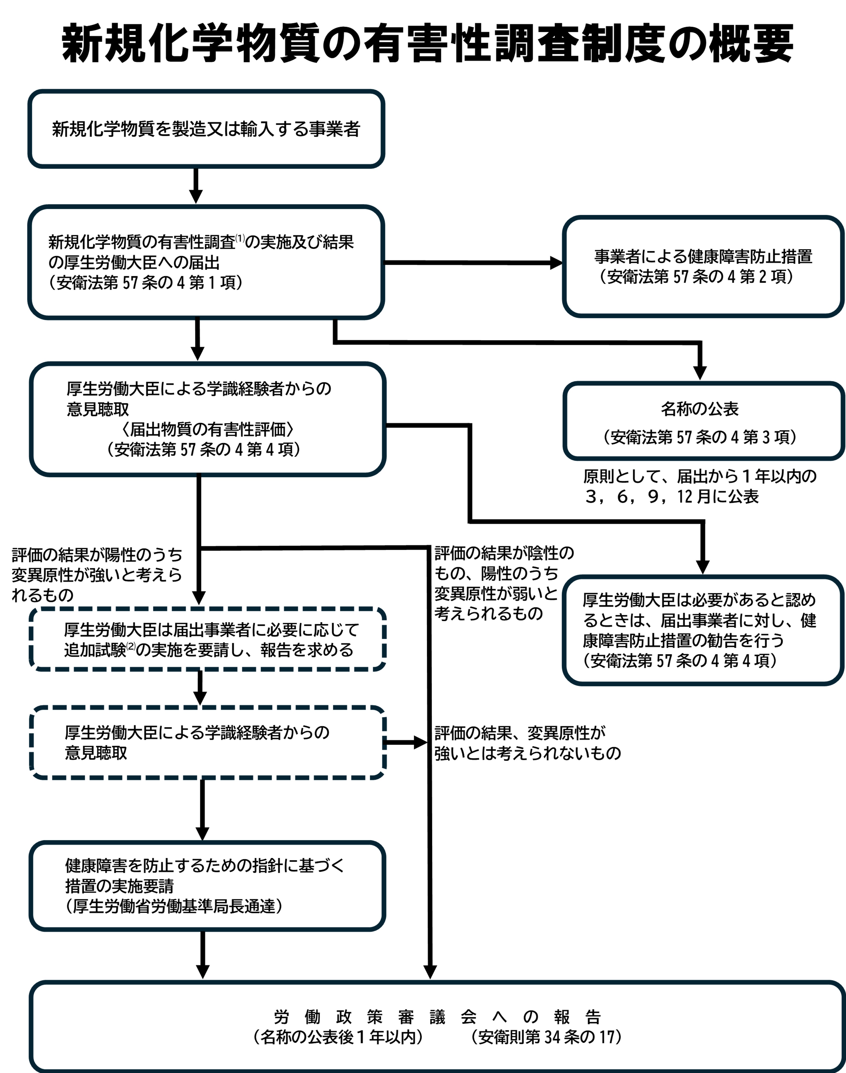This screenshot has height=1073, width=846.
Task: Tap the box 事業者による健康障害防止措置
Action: tap(703, 267)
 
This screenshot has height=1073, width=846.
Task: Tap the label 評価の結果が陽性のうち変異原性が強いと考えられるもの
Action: tap(97, 575)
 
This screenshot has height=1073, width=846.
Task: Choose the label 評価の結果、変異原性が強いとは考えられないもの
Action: tap(527, 743)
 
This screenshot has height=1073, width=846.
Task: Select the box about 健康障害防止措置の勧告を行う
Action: tap(703, 630)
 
